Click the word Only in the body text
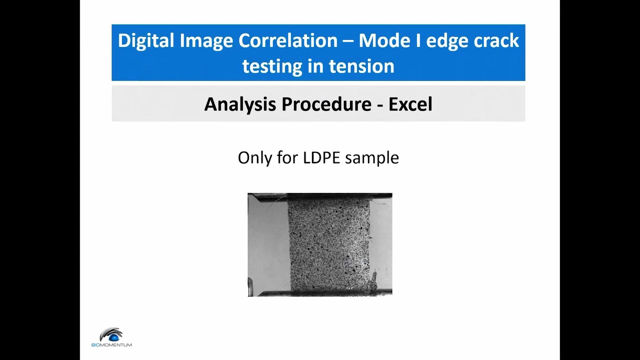254,158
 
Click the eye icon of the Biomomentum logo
111,334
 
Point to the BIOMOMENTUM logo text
111,344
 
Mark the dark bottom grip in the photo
320,292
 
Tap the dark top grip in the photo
320,195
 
